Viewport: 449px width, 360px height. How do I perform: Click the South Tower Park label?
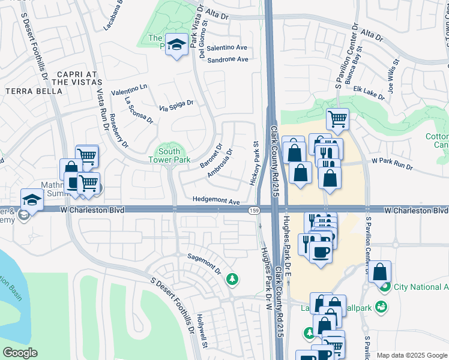click(170, 156)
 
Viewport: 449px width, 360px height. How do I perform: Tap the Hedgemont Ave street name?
click(216, 202)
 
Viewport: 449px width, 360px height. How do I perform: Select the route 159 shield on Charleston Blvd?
click(255, 210)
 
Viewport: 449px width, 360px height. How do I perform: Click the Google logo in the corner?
click(20, 353)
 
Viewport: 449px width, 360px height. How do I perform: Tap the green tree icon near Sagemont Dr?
click(232, 279)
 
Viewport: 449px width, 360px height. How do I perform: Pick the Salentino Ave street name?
click(228, 47)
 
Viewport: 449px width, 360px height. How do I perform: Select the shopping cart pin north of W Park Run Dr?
click(338, 118)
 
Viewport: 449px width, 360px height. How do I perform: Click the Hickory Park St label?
click(254, 163)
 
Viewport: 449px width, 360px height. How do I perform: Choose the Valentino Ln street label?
click(128, 90)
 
